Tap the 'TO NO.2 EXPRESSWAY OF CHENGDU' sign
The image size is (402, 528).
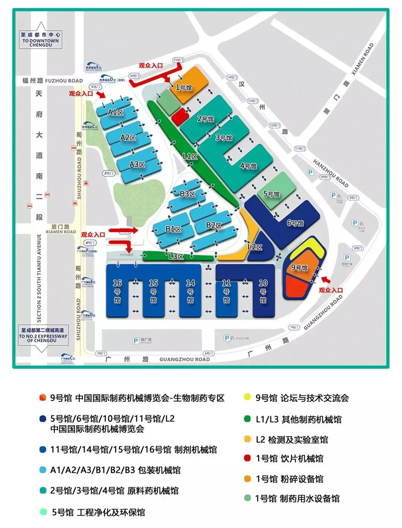[x=43, y=335]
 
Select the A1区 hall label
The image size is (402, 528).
[x=115, y=112]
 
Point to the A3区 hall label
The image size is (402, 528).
[x=137, y=164]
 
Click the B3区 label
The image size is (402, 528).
[x=187, y=194]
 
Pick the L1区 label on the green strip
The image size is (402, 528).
[x=190, y=156]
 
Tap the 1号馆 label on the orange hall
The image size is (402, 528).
[x=184, y=88]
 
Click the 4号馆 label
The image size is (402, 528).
[x=248, y=166]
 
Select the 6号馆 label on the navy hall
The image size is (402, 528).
[x=295, y=223]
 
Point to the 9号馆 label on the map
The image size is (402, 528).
[x=299, y=268]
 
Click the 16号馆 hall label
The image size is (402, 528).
[x=117, y=292]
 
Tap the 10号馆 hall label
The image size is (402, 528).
[x=263, y=292]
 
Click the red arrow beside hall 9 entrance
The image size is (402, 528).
[x=326, y=280]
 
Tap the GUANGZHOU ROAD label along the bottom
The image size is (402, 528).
[x=185, y=359]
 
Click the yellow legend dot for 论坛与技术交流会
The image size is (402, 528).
[x=248, y=397]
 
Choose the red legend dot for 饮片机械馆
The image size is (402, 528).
[x=248, y=458]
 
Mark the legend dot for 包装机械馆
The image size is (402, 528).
[x=43, y=470]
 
